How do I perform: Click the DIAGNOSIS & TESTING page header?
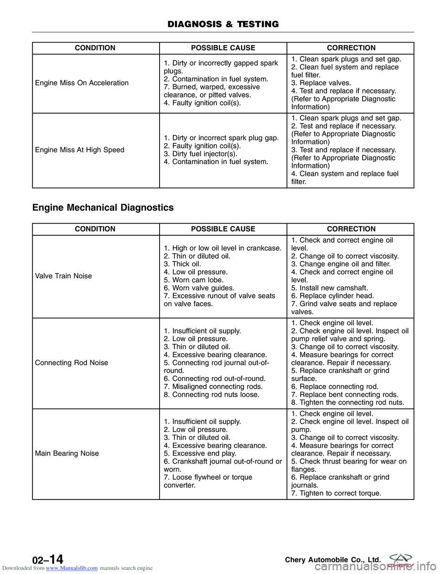223,24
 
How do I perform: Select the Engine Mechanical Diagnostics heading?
103,208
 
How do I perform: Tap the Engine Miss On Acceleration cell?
82,83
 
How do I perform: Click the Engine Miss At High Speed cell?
80,150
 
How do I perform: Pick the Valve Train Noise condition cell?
63,276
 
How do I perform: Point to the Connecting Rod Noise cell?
72,363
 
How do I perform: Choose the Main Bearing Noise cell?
67,454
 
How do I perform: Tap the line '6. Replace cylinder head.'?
332,296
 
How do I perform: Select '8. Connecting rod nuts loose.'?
211,395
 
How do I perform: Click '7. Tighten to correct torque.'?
336,494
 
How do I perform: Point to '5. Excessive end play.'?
200,454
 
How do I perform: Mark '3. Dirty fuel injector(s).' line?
200,154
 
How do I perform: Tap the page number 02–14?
48,560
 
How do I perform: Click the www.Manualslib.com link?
72,568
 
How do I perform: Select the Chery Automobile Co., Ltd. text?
333,560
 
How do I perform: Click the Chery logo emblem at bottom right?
400,559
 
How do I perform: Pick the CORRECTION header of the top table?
351,48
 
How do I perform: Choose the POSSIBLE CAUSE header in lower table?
223,229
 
